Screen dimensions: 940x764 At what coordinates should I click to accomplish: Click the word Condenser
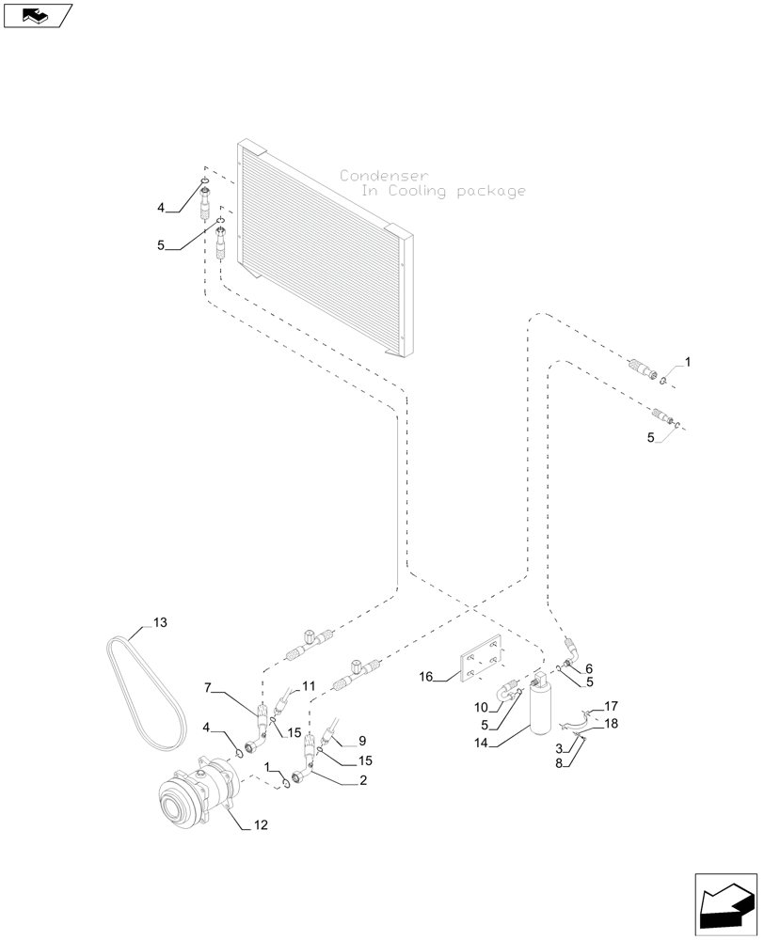pyautogui.click(x=384, y=176)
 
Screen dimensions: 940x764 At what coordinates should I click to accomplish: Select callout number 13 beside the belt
pyautogui.click(x=159, y=623)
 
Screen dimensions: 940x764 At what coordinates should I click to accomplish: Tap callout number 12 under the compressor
pyautogui.click(x=260, y=825)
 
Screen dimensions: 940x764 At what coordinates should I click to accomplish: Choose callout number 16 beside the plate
pyautogui.click(x=425, y=676)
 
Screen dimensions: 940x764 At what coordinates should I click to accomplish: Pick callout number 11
pyautogui.click(x=310, y=687)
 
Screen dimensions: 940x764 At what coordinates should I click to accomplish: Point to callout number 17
pyautogui.click(x=611, y=706)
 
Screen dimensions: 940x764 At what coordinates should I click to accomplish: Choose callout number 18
pyautogui.click(x=611, y=724)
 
